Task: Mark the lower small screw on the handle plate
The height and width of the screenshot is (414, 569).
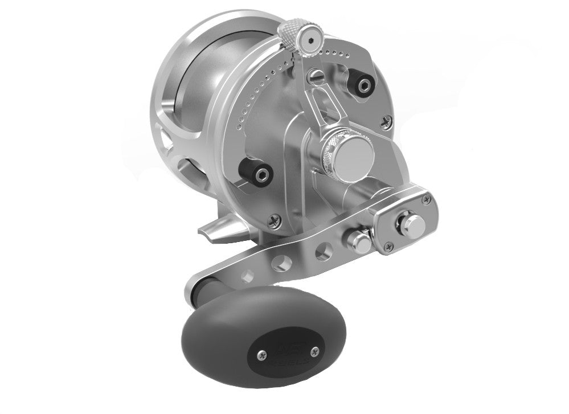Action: pyautogui.click(x=389, y=247)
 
